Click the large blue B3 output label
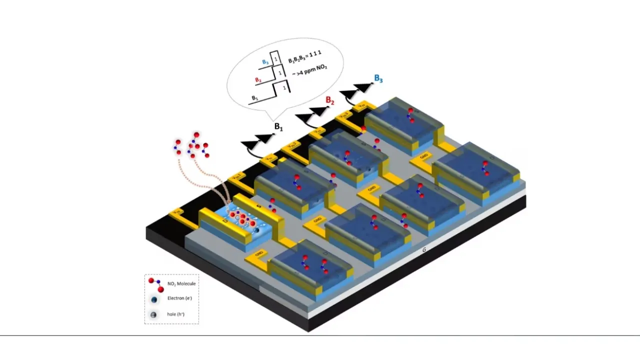coord(378,79)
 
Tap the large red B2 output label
coord(330,100)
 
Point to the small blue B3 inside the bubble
coord(264,62)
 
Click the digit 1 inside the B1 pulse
coord(284,88)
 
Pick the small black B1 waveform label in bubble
coord(254,97)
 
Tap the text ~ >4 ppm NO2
coord(308,74)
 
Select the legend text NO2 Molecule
coord(181,283)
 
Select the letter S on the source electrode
coord(258,205)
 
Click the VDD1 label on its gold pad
coord(236,176)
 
